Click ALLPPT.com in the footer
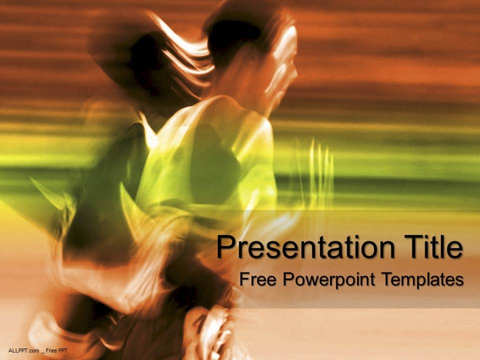coord(24,350)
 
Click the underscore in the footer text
coord(43,351)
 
